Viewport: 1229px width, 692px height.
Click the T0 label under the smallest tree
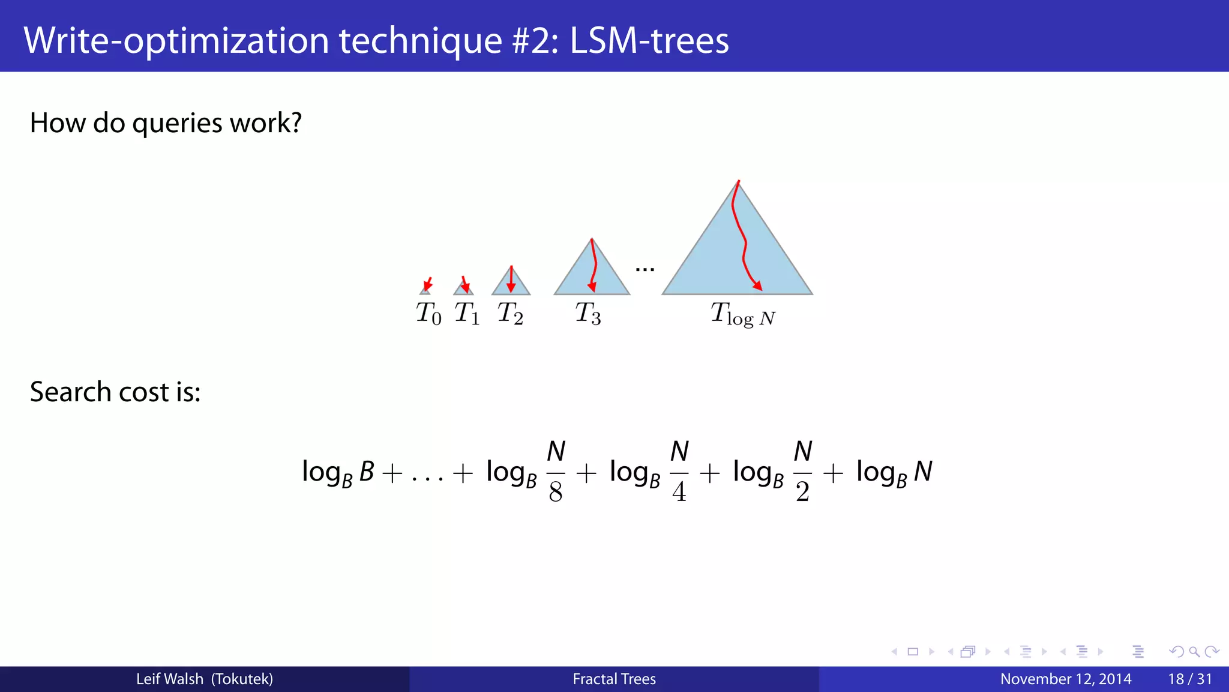point(428,314)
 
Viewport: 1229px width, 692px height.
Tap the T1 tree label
point(467,314)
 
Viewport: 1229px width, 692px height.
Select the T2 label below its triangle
point(510,314)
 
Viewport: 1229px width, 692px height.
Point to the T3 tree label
point(588,314)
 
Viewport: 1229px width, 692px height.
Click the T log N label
point(743,314)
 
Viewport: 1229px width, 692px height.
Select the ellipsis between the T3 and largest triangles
point(645,270)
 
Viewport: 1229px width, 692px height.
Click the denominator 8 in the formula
point(556,492)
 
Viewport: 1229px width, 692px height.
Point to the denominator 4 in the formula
point(679,492)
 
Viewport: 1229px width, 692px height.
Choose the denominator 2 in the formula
point(802,492)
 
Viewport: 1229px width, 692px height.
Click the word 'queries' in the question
point(177,124)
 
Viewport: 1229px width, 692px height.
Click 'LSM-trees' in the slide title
point(649,41)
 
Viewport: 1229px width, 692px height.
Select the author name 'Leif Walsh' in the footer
point(170,679)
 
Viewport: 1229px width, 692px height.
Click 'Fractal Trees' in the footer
point(614,679)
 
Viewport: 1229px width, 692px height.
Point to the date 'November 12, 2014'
point(1066,679)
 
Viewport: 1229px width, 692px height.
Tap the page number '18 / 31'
point(1190,679)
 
